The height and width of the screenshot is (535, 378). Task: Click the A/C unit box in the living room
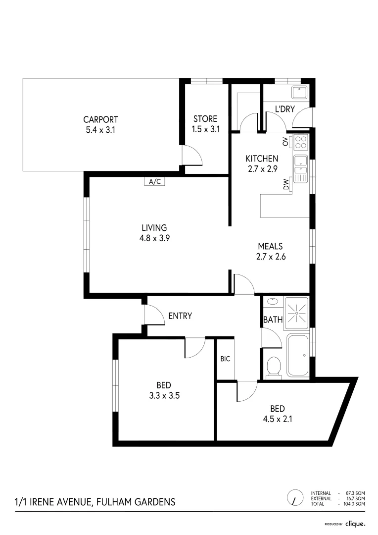[154, 181]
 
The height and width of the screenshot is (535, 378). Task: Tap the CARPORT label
[100, 119]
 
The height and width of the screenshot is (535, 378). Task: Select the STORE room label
[205, 119]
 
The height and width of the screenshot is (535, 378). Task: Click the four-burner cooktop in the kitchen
[300, 143]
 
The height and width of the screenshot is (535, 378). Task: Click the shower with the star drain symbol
[296, 313]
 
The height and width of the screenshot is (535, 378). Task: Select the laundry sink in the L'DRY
[299, 93]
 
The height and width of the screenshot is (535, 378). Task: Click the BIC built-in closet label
[225, 359]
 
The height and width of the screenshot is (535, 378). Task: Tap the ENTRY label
[180, 316]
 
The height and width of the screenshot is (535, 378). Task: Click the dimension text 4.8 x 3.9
[154, 237]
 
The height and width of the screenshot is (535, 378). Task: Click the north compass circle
[295, 497]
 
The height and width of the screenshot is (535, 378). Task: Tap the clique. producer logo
[355, 523]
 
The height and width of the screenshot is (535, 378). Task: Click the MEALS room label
[270, 246]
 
